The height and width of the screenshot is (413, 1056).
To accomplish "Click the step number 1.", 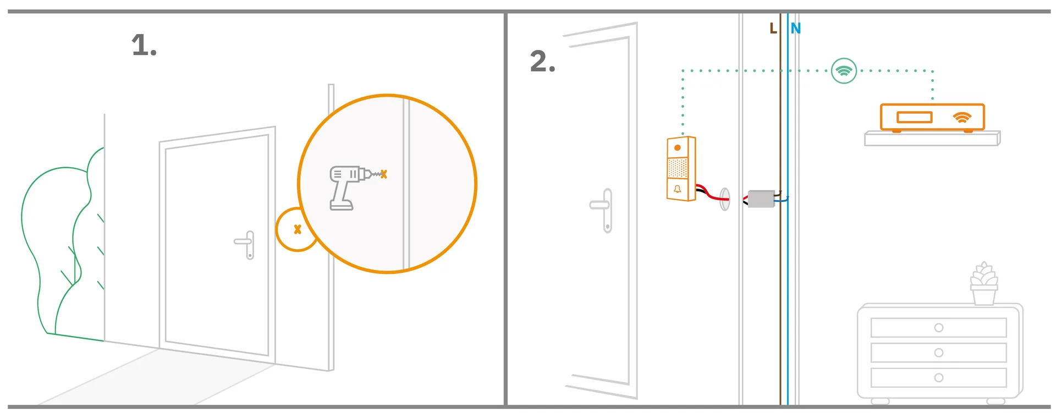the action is point(144,45).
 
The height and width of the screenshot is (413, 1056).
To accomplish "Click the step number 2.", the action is point(542,61).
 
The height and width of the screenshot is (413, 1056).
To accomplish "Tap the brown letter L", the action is point(773,28).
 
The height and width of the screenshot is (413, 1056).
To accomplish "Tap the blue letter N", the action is point(796,28).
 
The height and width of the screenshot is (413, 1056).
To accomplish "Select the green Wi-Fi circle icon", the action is point(844,70).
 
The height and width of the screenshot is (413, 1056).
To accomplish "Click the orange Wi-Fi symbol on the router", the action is point(962,118).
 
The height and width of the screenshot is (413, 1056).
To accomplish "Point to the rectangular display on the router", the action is point(914,117).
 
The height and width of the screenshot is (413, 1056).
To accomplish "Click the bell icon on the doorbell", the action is point(677,189).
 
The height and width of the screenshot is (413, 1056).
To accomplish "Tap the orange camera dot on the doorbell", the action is point(678,147).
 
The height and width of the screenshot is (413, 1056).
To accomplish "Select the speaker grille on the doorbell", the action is point(678,168).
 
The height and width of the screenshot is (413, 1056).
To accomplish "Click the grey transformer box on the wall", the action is point(762,199).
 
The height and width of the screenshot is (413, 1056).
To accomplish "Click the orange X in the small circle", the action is point(298,229).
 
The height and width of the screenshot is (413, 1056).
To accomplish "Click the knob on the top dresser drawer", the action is point(939,328).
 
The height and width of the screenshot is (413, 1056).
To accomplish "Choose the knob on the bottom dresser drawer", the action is point(939,378).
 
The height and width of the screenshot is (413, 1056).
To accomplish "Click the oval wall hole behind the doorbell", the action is point(725,199).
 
